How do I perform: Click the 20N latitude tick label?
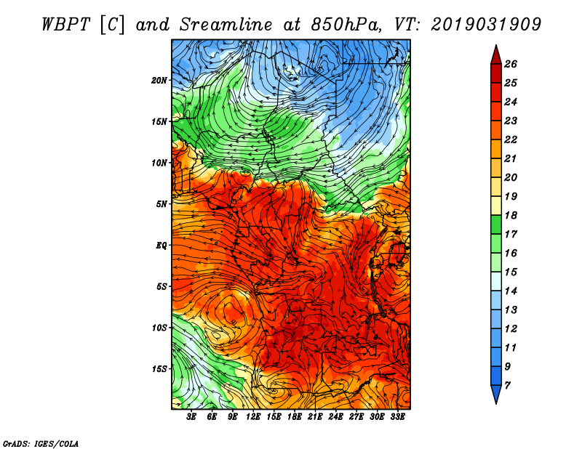pos(159,81)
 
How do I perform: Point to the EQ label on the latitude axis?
pos(161,246)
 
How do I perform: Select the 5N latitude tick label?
pos(162,204)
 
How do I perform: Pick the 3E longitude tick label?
pos(191,417)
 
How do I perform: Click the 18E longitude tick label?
pos(295,417)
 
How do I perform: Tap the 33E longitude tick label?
pos(397,417)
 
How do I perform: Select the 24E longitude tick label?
pos(335,417)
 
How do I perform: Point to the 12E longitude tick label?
pos(253,417)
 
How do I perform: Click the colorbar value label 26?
pos(511,64)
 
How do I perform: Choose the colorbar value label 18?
pos(511,215)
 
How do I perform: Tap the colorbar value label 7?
pos(507,386)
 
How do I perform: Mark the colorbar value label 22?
pos(511,139)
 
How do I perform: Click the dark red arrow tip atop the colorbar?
pos(496,46)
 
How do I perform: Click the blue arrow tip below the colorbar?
pos(496,403)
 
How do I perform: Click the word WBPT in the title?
pos(65,25)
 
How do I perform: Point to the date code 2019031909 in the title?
pos(486,25)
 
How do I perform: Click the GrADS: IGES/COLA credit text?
pos(41,444)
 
